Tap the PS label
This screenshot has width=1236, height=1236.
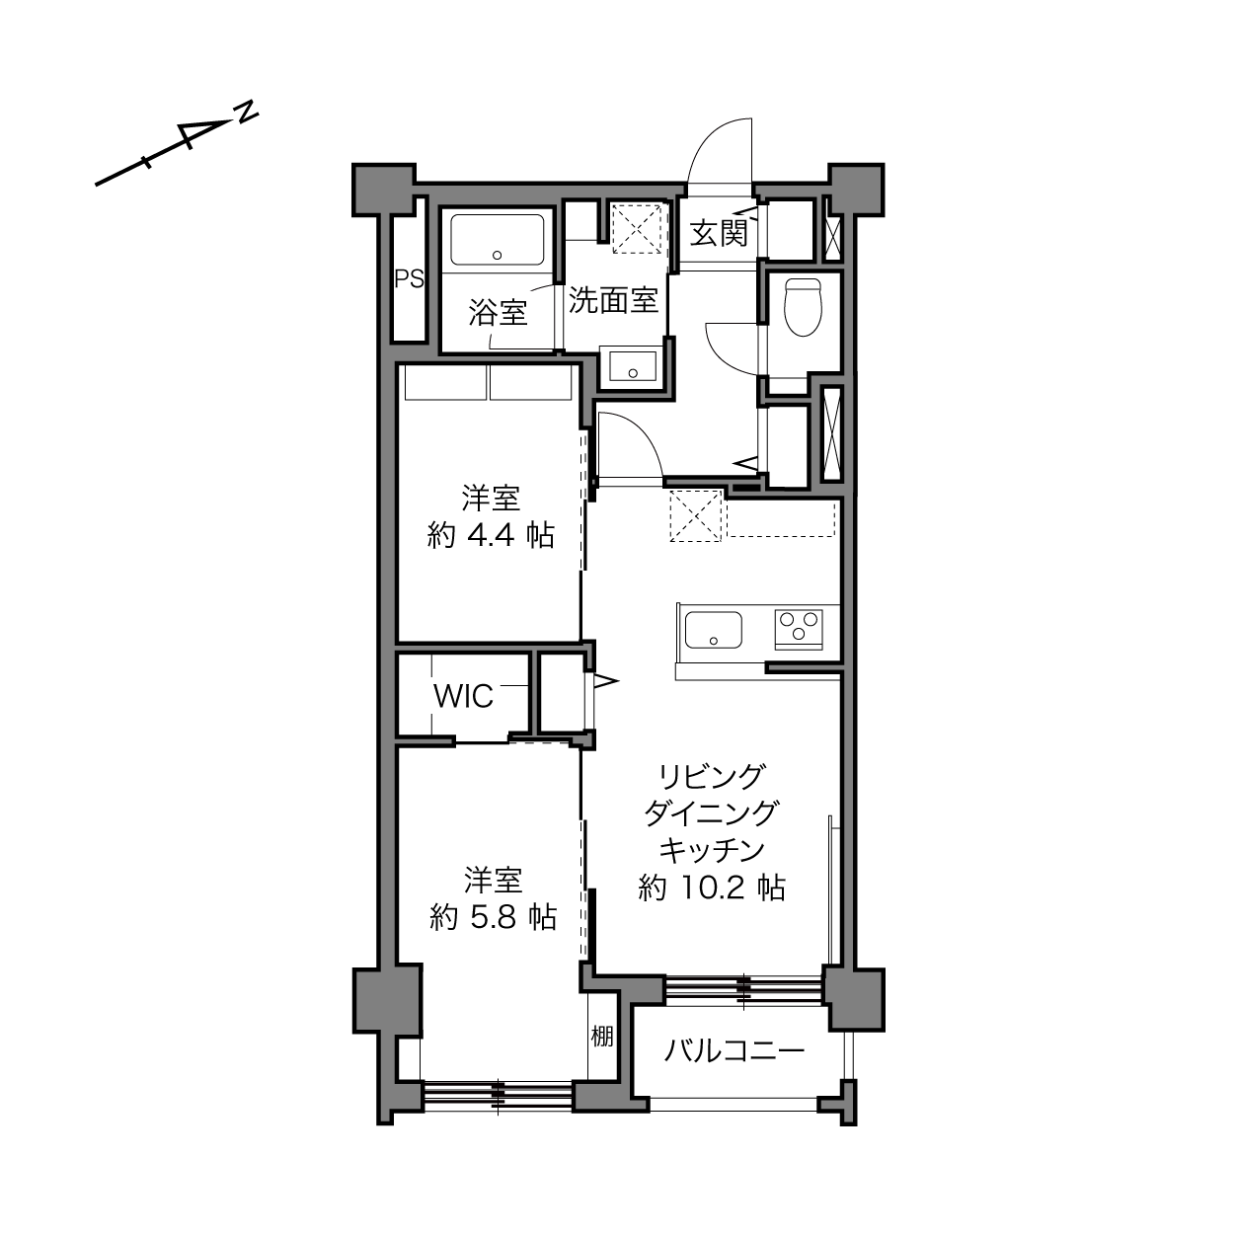click(410, 278)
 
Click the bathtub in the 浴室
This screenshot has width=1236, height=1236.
click(498, 240)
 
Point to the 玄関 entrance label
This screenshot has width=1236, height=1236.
click(719, 232)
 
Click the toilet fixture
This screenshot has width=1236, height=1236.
click(803, 307)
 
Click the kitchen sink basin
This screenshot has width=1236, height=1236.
click(713, 631)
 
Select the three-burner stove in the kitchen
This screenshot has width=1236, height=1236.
click(799, 629)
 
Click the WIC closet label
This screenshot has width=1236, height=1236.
click(463, 696)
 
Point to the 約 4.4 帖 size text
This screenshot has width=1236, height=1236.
click(491, 535)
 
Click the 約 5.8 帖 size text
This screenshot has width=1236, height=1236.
click(493, 918)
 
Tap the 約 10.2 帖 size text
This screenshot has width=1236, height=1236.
click(712, 888)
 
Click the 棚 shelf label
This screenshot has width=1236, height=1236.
click(601, 1036)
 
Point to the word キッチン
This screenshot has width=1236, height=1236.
click(712, 851)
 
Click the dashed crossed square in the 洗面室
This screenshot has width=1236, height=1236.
click(636, 228)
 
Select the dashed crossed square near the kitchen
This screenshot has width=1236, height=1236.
click(696, 515)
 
